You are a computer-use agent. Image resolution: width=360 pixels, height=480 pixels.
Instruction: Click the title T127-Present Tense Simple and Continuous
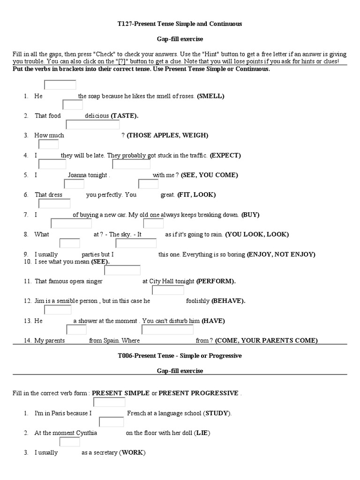[x=180, y=23]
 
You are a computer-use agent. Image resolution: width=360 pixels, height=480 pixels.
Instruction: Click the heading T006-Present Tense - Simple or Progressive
[x=180, y=356]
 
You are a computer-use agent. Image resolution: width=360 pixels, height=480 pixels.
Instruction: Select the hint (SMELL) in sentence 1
[x=211, y=96]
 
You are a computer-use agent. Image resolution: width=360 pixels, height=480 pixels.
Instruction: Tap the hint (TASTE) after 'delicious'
[x=125, y=116]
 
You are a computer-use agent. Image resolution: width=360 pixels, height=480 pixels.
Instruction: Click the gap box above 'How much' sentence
[x=92, y=125]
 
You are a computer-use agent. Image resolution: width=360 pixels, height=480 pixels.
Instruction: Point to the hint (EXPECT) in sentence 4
[x=225, y=155]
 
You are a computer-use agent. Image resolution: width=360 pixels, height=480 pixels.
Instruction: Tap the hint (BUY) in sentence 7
[x=250, y=215]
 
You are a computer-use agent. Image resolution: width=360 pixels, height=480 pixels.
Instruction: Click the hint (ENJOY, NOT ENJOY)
[x=281, y=255]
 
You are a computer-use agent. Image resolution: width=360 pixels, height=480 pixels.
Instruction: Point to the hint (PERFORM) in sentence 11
[x=216, y=281]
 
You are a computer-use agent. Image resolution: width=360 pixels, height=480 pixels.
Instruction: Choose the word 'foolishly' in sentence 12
[x=197, y=301]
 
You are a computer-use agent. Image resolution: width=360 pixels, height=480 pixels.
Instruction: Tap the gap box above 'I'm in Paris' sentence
[x=108, y=403]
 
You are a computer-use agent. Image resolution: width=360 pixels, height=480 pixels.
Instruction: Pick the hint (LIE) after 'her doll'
[x=202, y=433]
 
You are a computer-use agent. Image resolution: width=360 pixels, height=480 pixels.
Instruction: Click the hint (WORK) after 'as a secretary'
[x=132, y=453]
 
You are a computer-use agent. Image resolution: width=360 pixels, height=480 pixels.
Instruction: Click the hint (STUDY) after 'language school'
[x=217, y=413]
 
